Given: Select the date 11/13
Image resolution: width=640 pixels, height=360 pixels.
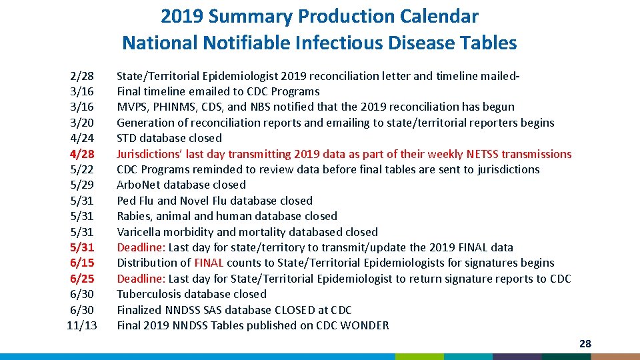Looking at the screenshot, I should (x=82, y=325).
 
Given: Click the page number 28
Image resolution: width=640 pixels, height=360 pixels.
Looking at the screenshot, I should (x=585, y=344).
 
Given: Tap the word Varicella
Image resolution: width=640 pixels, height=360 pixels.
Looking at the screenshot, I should (x=139, y=232).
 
